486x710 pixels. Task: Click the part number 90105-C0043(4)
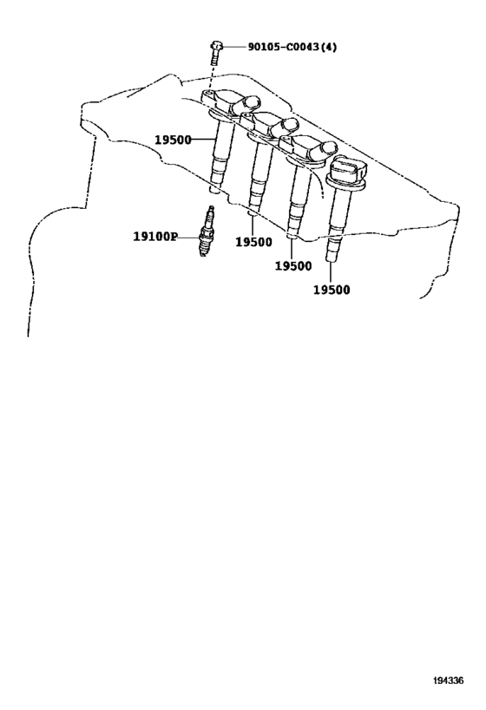pyautogui.click(x=292, y=47)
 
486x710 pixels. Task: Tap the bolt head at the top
pyautogui.click(x=216, y=46)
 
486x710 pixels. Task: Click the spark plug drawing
pyautogui.click(x=207, y=231)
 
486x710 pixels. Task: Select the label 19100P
pyautogui.click(x=155, y=237)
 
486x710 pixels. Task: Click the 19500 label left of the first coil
pyautogui.click(x=174, y=140)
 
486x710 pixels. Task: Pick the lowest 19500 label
pyautogui.click(x=332, y=290)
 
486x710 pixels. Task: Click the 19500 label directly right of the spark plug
pyautogui.click(x=254, y=242)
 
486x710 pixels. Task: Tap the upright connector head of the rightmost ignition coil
pyautogui.click(x=348, y=170)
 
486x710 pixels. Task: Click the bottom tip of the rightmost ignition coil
pyautogui.click(x=332, y=258)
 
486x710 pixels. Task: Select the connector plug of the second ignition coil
pyautogui.click(x=286, y=127)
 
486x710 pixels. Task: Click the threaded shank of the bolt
pyautogui.click(x=215, y=58)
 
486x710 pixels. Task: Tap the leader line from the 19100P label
pyautogui.click(x=188, y=237)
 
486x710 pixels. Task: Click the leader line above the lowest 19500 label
pyautogui.click(x=331, y=273)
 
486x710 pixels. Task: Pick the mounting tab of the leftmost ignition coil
pyautogui.click(x=208, y=94)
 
